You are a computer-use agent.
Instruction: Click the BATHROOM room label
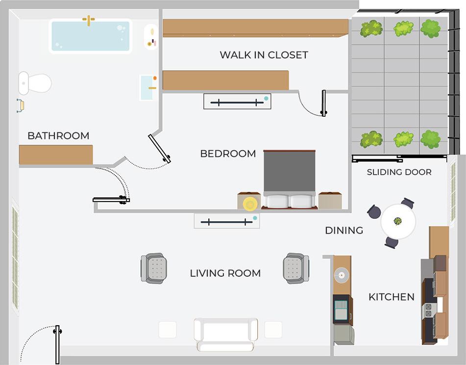[x=58, y=136]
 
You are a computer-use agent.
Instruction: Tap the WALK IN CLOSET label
[x=264, y=54]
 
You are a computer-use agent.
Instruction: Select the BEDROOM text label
[x=228, y=154]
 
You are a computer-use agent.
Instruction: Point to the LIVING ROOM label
[x=225, y=273]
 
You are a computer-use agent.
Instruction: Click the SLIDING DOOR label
[x=399, y=172]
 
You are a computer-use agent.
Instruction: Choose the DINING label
[x=344, y=230]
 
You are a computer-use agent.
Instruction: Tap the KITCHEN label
[x=391, y=297]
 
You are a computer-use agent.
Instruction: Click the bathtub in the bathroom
[x=91, y=36]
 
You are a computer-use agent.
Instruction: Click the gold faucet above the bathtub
[x=89, y=20]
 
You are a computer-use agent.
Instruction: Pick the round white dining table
[x=398, y=221]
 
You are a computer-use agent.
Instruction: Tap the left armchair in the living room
[x=154, y=268]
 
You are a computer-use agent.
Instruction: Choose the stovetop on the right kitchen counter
[x=428, y=310]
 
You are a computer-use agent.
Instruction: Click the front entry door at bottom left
[x=57, y=344]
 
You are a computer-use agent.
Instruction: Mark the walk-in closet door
[x=323, y=103]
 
